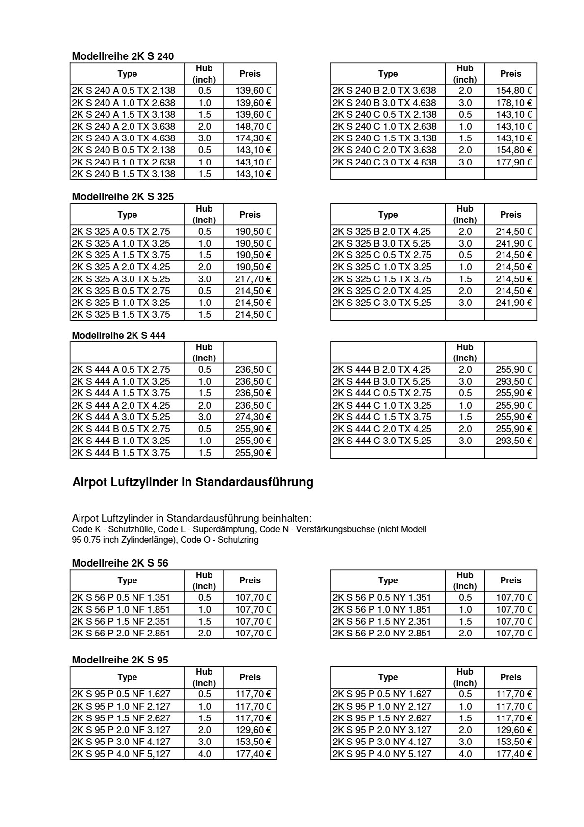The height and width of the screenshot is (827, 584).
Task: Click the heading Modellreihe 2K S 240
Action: [123, 56]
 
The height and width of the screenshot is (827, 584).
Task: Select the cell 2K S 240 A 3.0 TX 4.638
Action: [123, 138]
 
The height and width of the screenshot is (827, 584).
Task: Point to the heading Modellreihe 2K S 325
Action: [123, 196]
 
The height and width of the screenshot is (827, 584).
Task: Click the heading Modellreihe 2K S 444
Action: [119, 335]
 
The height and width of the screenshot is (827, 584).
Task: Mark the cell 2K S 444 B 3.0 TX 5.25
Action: [382, 382]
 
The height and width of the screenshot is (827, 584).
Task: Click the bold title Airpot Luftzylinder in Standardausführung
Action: [192, 482]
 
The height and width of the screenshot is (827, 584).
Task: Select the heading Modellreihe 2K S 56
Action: [120, 563]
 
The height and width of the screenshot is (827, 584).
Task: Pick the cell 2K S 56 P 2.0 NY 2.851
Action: [382, 633]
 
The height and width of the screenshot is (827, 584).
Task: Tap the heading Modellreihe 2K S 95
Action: [120, 660]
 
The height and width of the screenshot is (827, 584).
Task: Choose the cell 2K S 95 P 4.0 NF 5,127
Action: [121, 754]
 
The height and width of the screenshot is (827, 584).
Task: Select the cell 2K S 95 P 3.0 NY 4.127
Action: [382, 742]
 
